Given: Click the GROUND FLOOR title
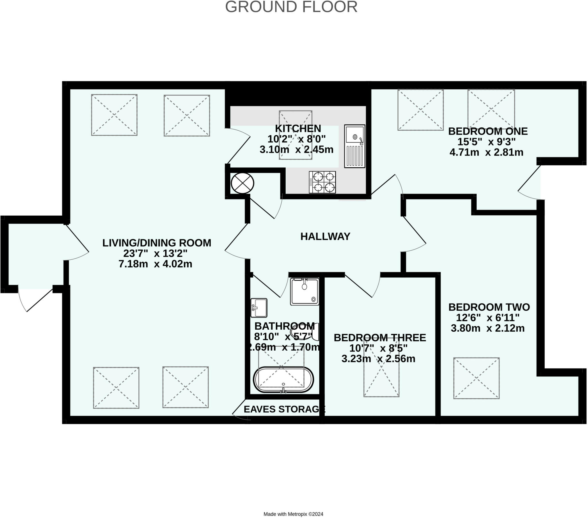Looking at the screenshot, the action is (x=291, y=7).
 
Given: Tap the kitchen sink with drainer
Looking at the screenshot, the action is (x=355, y=146).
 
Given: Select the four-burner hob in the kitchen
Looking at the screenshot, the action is (x=322, y=182).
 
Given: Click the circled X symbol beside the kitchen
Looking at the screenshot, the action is (x=243, y=183).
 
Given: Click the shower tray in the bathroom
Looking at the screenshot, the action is (x=305, y=291).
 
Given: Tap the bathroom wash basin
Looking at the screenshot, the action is (x=259, y=308).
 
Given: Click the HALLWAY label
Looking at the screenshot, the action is (x=325, y=237).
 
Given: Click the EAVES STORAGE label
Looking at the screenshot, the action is (x=285, y=409).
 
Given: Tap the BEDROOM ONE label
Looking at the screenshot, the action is (x=488, y=131).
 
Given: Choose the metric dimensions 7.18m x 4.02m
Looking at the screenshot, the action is (x=155, y=264).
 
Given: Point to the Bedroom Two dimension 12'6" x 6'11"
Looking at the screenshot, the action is (x=488, y=318).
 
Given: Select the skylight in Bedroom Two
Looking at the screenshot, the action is (x=476, y=378).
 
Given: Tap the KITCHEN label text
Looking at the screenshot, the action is (x=298, y=128).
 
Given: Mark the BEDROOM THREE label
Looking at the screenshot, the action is (x=380, y=338).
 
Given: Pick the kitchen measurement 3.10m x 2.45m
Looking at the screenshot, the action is (x=297, y=150).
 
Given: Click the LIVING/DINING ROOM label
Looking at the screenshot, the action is (x=157, y=243).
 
